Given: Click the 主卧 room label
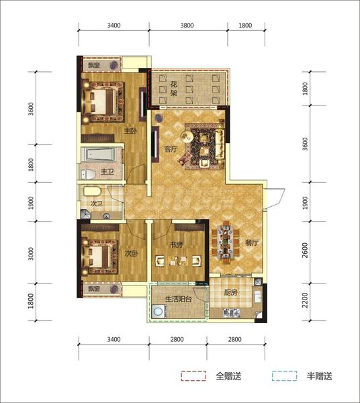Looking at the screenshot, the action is (130, 131).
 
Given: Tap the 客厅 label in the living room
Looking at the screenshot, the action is (171, 149).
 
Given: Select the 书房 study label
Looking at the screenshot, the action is (176, 244).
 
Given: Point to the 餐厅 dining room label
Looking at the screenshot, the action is (252, 242).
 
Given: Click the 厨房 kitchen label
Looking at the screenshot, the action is (230, 292).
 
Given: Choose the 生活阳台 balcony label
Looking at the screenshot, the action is (179, 299).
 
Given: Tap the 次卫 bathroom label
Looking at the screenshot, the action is (97, 204).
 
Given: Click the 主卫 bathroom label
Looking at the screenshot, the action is (107, 171).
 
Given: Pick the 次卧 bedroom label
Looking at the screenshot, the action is (132, 254).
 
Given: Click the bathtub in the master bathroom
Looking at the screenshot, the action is (100, 154).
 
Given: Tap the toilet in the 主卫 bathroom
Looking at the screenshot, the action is (88, 175).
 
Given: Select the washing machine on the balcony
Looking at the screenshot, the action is (158, 311).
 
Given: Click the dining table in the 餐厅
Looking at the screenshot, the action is (225, 242).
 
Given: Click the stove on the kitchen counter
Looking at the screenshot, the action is (231, 312).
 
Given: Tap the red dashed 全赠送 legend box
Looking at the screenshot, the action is (193, 375).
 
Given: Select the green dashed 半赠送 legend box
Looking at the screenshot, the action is (284, 375).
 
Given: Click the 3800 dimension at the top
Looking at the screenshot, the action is (187, 26).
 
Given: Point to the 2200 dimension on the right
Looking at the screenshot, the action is (305, 300).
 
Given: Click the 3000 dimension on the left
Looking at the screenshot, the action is (31, 253).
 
